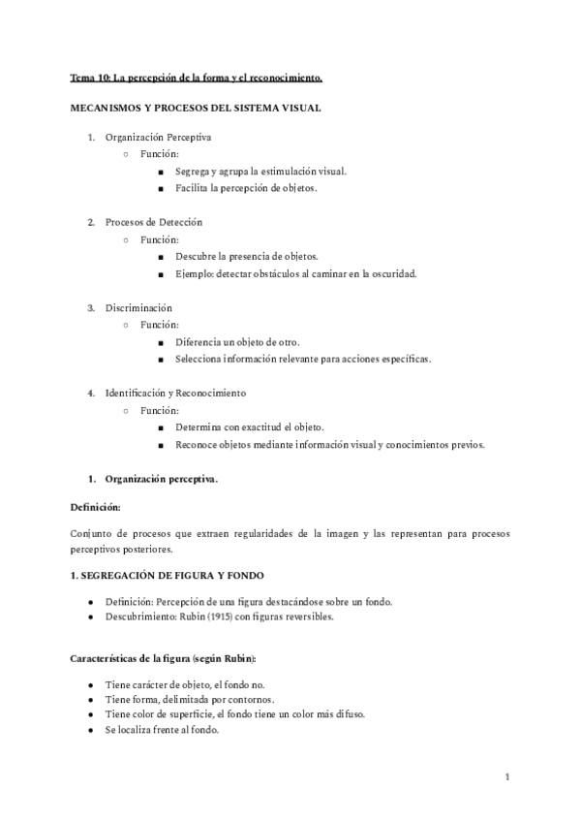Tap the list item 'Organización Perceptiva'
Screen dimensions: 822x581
[158, 138]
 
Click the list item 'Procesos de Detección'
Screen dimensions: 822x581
[154, 223]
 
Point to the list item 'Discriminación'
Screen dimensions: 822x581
[138, 308]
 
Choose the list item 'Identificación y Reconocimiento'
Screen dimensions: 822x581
[175, 394]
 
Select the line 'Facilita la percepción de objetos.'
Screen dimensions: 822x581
[246, 188]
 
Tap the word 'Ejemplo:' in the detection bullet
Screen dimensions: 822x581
[195, 273]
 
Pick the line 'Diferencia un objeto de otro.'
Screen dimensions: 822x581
[237, 342]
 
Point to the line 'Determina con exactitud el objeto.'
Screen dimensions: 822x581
[250, 427]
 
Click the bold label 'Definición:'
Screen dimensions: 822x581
[95, 506]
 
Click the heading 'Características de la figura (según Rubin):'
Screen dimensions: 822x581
[163, 659]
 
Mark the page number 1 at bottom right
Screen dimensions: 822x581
[507, 777]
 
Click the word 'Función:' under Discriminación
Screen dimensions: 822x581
[159, 326]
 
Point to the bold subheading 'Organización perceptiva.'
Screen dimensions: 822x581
[162, 479]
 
